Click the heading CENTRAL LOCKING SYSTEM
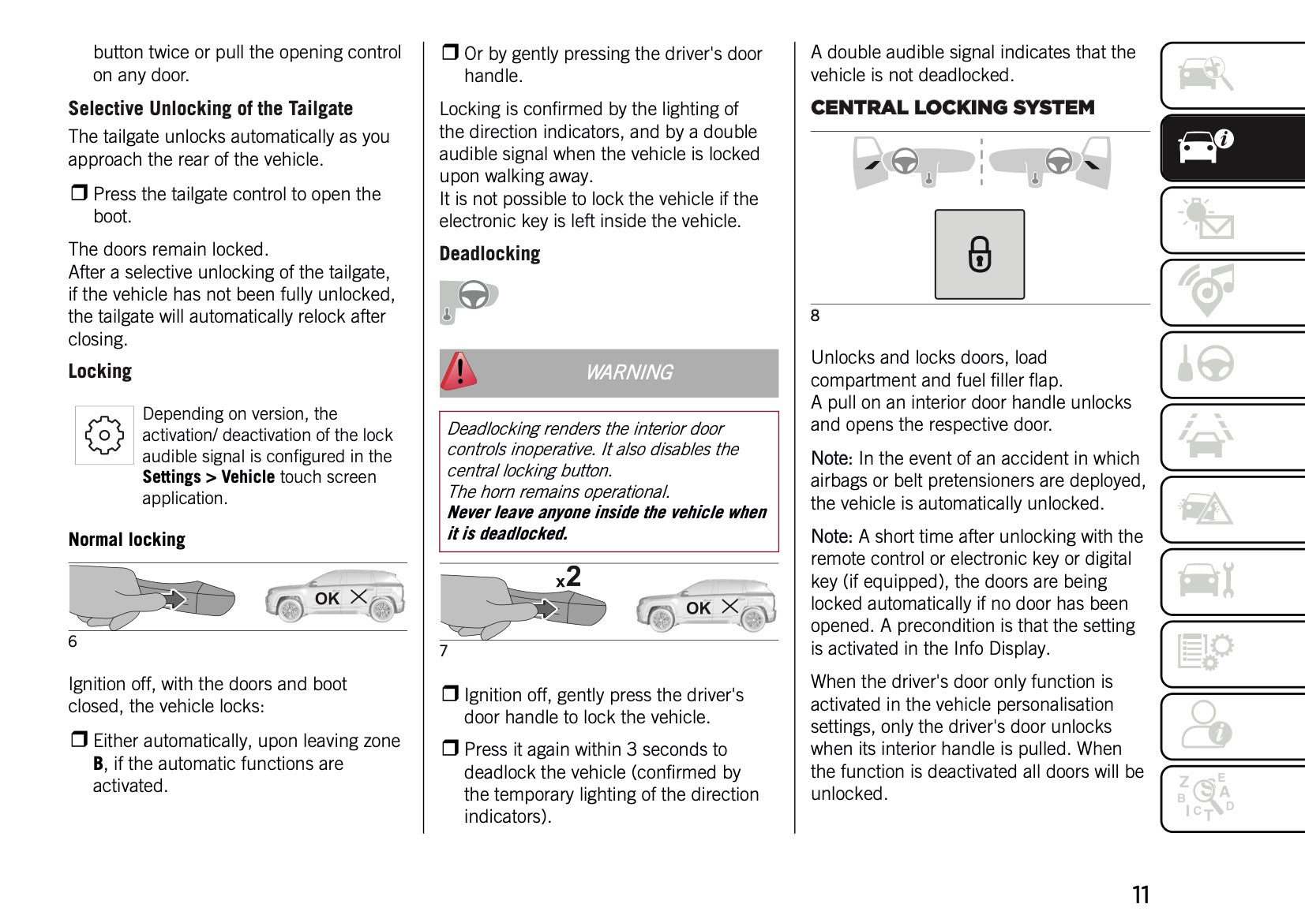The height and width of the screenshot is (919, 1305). coord(952,107)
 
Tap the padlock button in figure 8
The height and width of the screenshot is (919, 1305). coord(979,254)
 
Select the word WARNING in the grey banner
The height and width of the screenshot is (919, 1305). coord(628,372)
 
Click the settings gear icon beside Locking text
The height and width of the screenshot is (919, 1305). coord(104,435)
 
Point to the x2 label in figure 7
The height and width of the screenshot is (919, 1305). coord(568,577)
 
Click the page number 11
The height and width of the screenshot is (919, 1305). coord(1140,895)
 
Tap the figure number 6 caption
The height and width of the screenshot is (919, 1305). coord(73,641)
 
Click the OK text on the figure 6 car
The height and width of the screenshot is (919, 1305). coord(327,599)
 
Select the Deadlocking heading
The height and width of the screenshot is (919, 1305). coord(489,254)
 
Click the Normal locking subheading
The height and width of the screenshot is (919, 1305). coord(126,540)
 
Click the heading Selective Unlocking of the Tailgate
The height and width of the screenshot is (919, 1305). coord(210,109)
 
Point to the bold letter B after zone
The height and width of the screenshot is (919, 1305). coord(98,764)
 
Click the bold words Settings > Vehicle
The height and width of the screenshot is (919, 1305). coord(208,477)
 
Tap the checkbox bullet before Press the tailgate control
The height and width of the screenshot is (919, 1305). coord(79,193)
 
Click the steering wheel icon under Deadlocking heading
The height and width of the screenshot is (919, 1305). coord(474,297)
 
